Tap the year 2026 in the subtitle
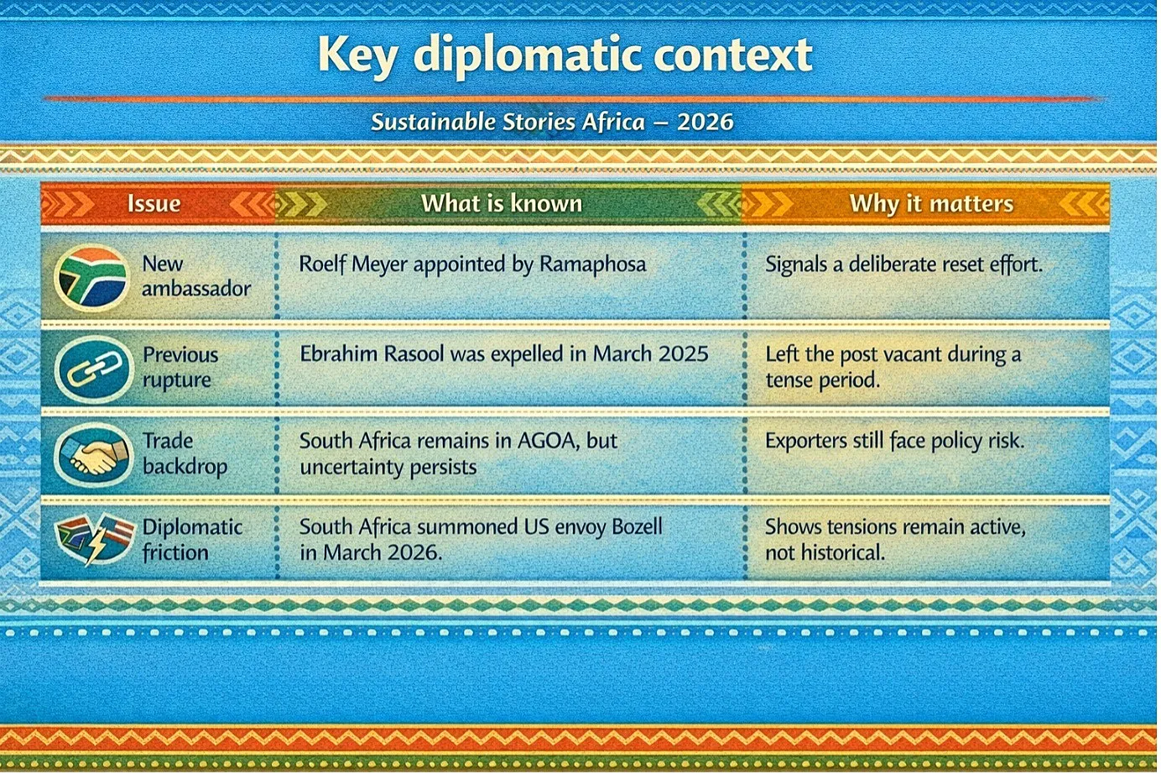click(x=705, y=123)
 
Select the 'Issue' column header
click(x=154, y=203)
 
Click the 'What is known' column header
click(x=502, y=203)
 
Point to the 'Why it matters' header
click(x=931, y=203)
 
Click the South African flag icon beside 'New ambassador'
click(x=91, y=278)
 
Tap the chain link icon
click(x=94, y=369)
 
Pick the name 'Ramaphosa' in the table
click(x=592, y=264)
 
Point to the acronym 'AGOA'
click(x=549, y=441)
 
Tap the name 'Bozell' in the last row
click(x=637, y=527)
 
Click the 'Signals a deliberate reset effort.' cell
click(x=903, y=264)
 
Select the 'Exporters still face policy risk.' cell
click(x=894, y=441)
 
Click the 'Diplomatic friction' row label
click(x=192, y=540)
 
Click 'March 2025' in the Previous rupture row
click(x=650, y=353)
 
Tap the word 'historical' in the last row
click(x=842, y=552)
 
